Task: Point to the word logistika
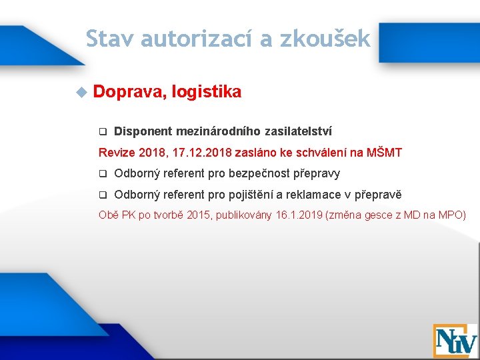point(206,92)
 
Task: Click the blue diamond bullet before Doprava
point(81,92)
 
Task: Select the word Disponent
point(143,131)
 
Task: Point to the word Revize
point(117,153)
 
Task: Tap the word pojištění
point(253,195)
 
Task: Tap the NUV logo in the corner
point(455,340)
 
